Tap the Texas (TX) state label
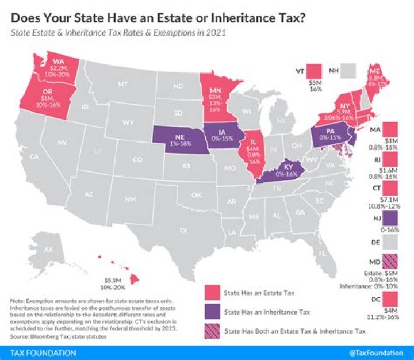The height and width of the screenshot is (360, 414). click(183, 230)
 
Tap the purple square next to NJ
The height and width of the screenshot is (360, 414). click(390, 219)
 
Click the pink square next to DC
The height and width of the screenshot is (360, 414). click(390, 301)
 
